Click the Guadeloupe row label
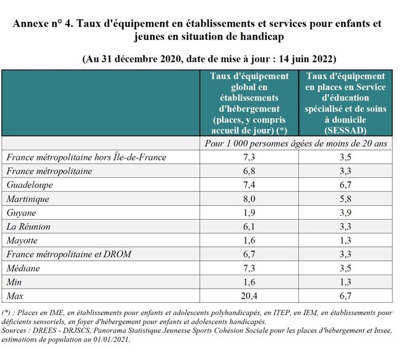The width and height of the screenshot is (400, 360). click(30, 185)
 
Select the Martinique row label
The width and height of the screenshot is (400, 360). click(28, 199)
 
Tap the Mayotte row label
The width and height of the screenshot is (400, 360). click(22, 240)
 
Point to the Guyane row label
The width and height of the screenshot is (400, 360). click(21, 213)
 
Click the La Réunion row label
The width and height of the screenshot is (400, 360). click(28, 226)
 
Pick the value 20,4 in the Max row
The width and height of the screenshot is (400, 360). click(249, 296)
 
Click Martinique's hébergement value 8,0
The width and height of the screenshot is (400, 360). click(249, 199)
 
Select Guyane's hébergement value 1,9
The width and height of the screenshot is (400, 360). click(249, 213)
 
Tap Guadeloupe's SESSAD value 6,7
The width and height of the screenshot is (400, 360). click(346, 185)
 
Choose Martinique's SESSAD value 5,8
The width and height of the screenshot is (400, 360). click(346, 199)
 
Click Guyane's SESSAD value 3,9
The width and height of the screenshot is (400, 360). click(346, 213)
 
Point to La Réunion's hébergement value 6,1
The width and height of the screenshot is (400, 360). click(249, 226)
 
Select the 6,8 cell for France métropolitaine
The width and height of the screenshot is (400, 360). click(249, 171)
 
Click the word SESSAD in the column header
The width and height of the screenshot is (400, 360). click(346, 130)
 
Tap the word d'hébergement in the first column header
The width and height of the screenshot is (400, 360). click(249, 109)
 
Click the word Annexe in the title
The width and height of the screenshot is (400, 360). click(30, 24)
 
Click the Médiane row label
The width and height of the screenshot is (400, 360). click(23, 268)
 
